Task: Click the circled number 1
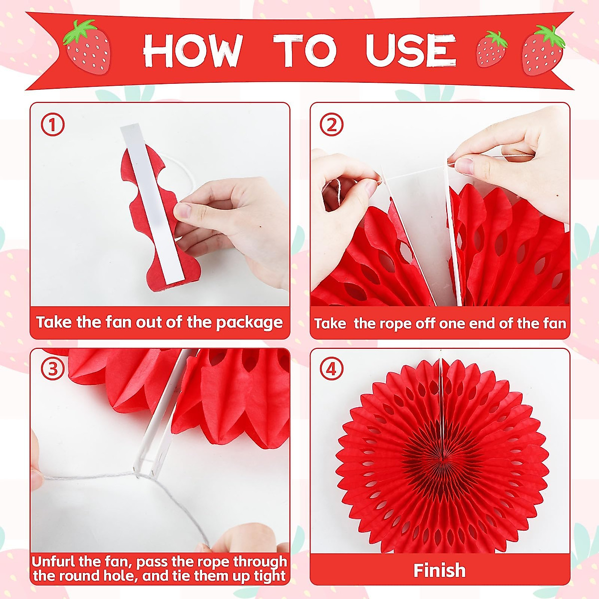tap(52, 125)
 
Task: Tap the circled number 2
tap(332, 125)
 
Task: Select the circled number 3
tap(52, 370)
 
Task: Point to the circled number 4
tap(332, 370)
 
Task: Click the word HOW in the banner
tap(193, 51)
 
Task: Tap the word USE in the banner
tap(410, 51)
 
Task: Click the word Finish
tap(439, 570)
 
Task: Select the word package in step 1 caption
tap(249, 322)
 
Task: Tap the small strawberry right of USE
tap(492, 49)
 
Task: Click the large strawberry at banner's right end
tap(543, 50)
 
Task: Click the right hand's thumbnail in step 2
tap(464, 165)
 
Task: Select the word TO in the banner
tap(307, 51)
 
